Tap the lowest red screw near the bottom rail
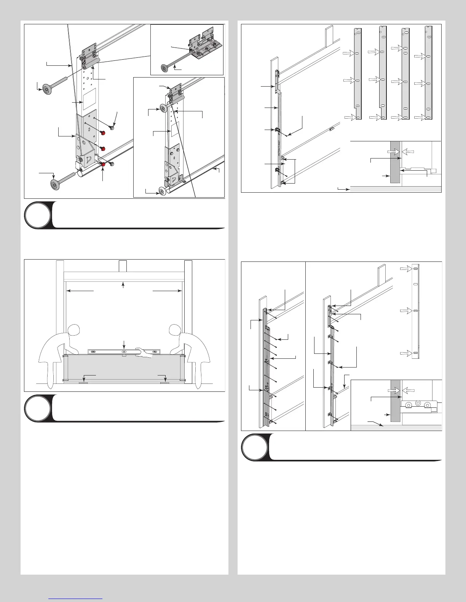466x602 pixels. click(x=103, y=164)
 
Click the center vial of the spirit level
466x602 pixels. click(x=124, y=352)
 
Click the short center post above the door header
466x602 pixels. click(x=123, y=266)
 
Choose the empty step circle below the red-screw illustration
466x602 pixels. click(x=37, y=215)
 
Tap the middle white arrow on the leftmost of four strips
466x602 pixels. click(x=349, y=81)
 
